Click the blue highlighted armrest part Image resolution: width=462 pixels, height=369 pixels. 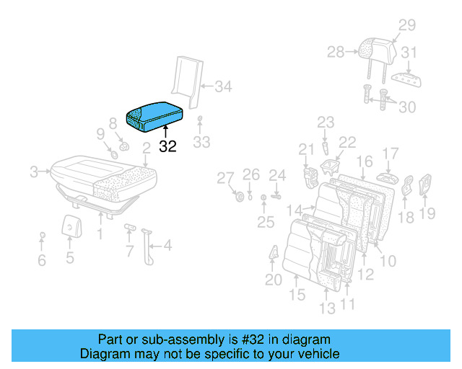coord(154,115)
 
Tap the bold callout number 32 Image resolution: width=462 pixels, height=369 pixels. coord(167,146)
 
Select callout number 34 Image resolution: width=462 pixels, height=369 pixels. coord(224,88)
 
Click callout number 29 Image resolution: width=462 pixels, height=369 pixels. coord(407,26)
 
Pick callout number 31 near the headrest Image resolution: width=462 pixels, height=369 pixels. coord(409,53)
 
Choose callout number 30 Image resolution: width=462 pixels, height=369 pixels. coord(408,107)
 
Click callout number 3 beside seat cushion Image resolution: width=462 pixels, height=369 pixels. coord(34,172)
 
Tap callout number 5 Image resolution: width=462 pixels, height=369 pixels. coord(69,257)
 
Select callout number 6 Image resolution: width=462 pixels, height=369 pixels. coord(42,259)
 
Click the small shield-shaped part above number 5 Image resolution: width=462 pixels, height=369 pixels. coord(70,225)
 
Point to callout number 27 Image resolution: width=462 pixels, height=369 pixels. coord(226,179)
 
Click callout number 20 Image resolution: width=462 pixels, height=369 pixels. coord(273,280)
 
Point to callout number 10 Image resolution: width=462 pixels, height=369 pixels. coord(388,259)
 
